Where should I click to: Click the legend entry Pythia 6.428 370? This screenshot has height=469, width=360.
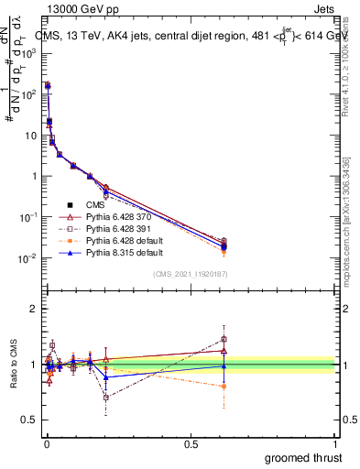click(x=117, y=217)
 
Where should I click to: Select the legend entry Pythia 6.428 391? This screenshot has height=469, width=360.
click(x=117, y=228)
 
